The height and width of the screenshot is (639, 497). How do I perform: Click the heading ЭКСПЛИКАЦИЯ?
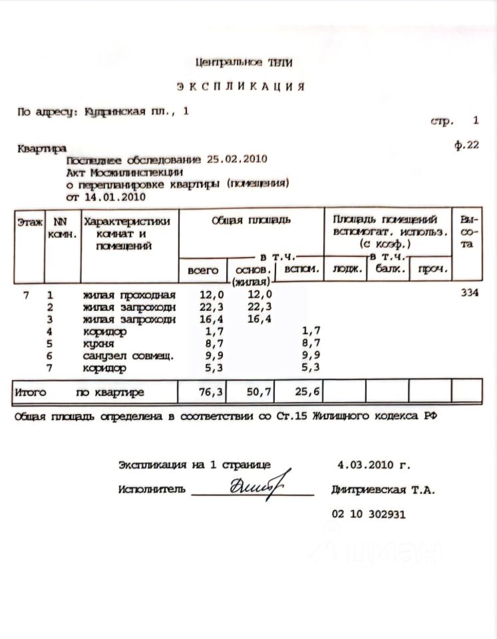tap(241, 87)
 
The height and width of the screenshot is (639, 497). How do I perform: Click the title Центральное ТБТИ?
tap(244, 62)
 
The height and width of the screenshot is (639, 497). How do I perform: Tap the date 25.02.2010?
tap(237, 159)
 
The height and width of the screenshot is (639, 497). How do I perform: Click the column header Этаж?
tap(30, 220)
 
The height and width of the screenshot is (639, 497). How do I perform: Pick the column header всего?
tap(203, 270)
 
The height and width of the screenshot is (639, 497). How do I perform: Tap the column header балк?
tap(387, 270)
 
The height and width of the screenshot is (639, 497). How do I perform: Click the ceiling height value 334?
tap(470, 294)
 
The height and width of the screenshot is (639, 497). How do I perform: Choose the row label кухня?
tap(99, 344)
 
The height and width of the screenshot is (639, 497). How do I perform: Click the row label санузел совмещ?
tap(128, 356)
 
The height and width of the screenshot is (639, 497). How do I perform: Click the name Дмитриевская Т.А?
tap(383, 491)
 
